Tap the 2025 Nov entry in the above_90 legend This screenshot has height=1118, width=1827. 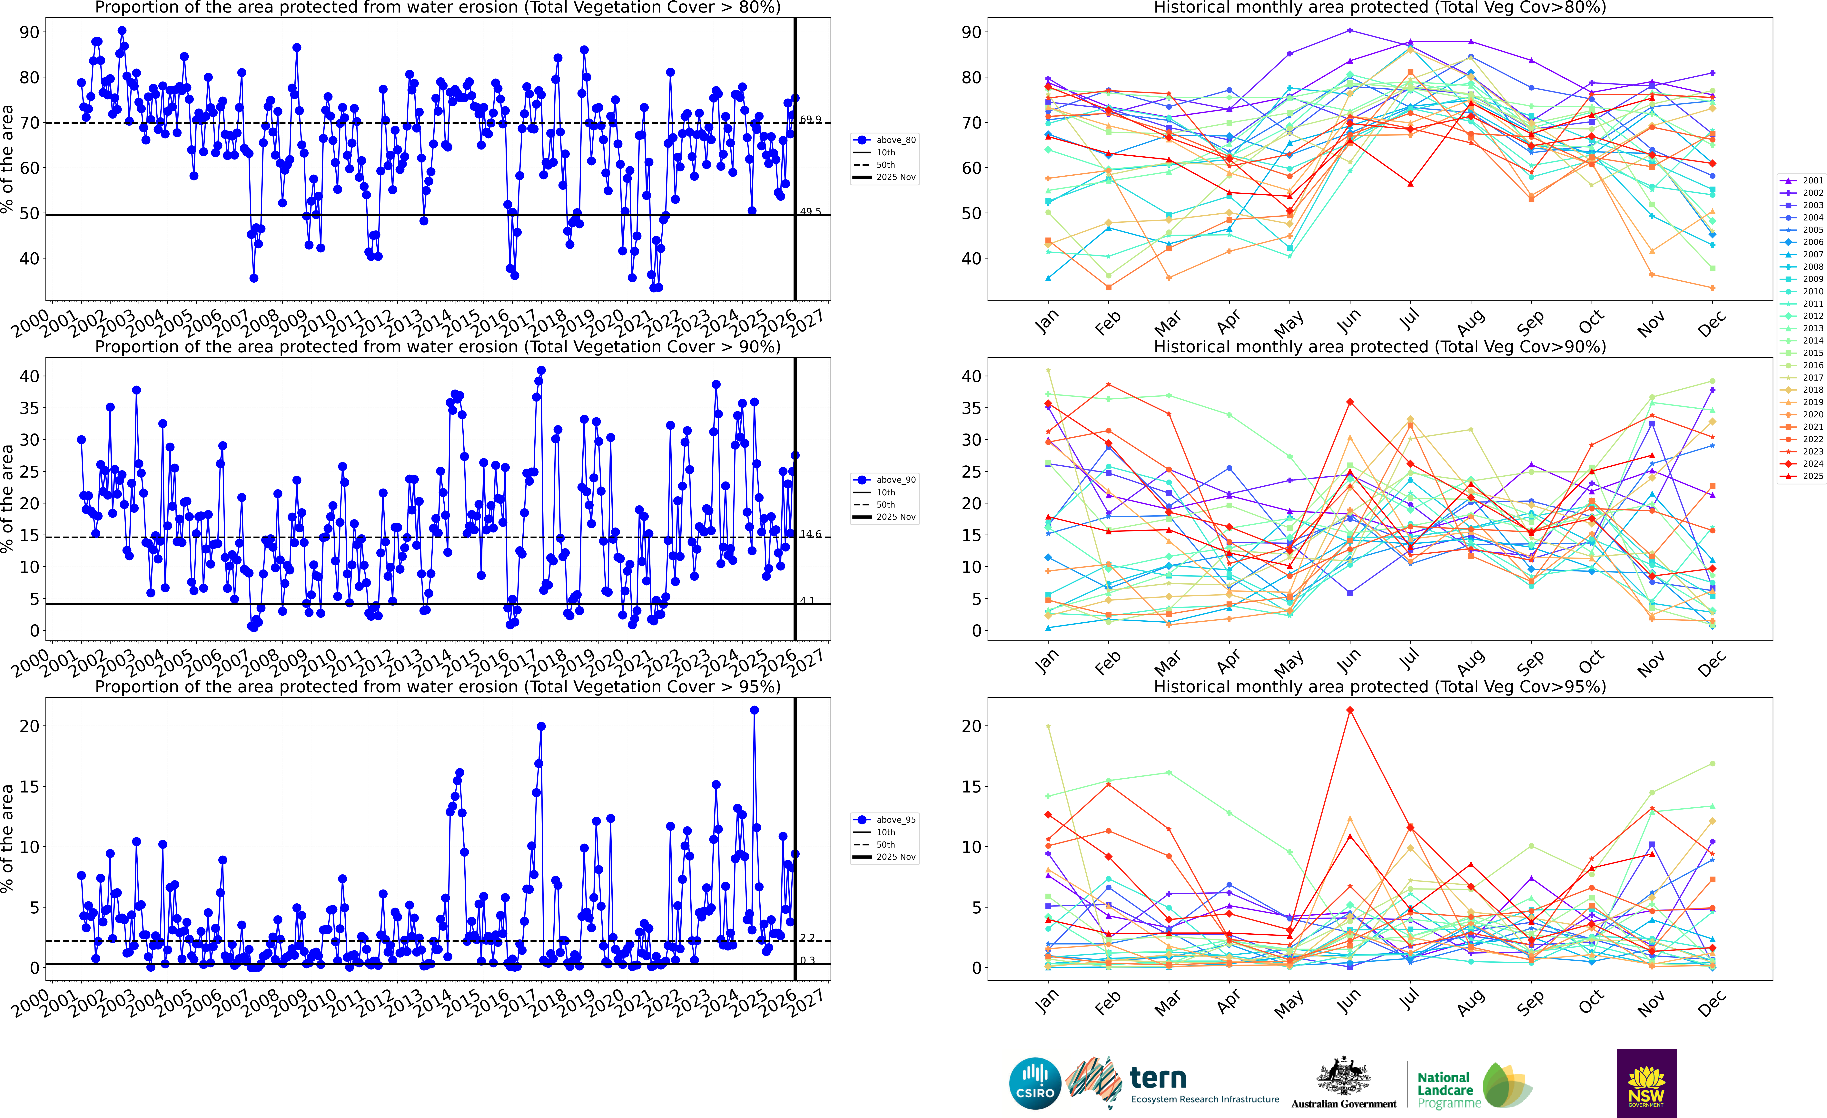coord(895,517)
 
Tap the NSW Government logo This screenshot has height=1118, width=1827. coord(1646,1083)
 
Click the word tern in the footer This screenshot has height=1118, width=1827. coord(1158,1077)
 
